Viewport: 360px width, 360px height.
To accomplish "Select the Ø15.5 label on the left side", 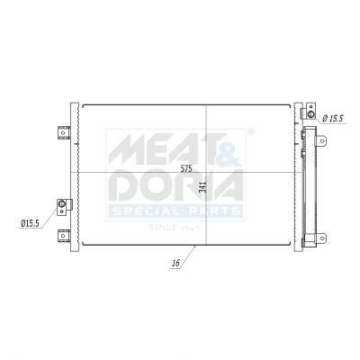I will click(30, 223).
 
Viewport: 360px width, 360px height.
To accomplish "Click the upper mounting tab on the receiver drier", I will click(314, 131).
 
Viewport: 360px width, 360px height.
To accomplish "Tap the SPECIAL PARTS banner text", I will click(175, 211).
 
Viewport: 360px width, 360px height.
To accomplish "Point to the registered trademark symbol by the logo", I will click(250, 132).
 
